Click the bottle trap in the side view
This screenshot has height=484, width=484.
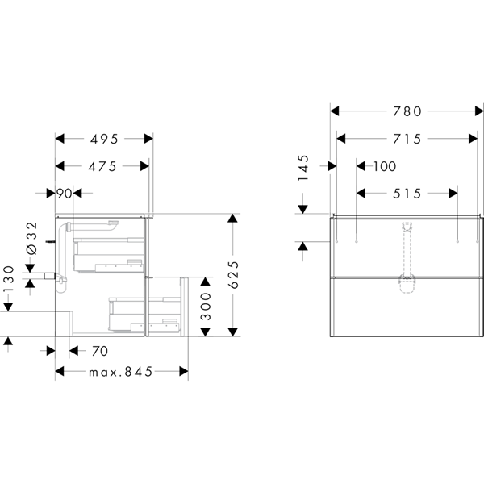click(60, 282)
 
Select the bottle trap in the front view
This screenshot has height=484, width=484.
click(407, 284)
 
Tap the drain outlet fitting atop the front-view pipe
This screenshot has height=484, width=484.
click(407, 225)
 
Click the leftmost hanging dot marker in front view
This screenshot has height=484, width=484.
click(336, 240)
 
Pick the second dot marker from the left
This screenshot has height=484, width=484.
click(357, 240)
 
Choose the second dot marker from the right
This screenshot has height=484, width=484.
click(457, 240)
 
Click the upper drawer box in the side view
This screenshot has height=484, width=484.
click(109, 255)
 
